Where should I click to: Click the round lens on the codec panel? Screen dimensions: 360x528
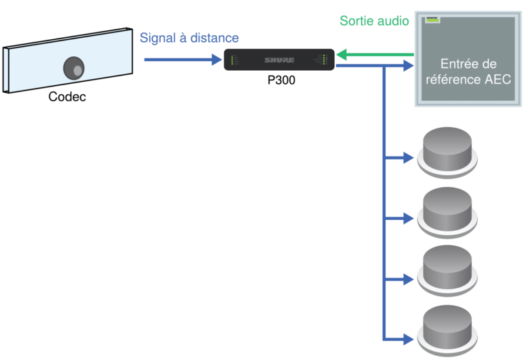point(74,68)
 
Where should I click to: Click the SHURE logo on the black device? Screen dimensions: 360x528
point(279,60)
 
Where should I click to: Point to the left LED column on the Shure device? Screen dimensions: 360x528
point(234,60)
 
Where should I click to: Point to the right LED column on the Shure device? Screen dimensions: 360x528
point(324,60)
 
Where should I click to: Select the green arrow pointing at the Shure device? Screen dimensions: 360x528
point(371,55)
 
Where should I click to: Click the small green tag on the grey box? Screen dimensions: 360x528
point(432,21)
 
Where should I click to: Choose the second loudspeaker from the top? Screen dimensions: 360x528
point(447,208)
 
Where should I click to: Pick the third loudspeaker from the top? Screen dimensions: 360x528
point(447,268)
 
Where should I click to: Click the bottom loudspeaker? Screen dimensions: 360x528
point(447,328)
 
